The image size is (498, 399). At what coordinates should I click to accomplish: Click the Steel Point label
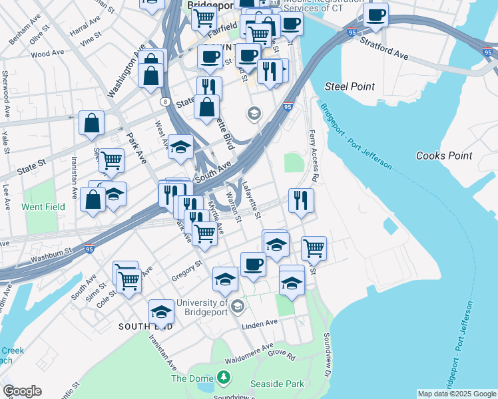click(350, 86)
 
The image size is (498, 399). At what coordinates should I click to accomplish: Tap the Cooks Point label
click(444, 156)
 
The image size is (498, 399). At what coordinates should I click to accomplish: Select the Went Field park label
click(43, 207)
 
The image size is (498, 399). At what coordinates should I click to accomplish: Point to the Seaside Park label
click(277, 384)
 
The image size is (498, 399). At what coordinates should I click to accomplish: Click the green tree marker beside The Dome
click(224, 378)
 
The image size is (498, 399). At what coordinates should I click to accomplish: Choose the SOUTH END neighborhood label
click(146, 327)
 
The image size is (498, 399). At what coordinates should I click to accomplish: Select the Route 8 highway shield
click(164, 101)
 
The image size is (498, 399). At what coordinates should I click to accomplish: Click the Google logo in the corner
click(22, 391)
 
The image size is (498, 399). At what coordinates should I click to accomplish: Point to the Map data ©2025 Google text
click(457, 394)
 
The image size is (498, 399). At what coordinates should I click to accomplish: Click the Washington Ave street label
click(126, 70)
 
